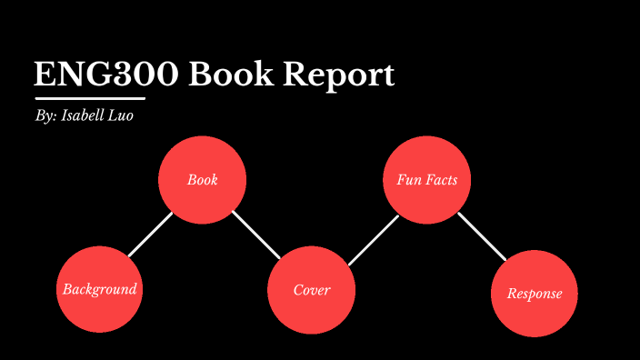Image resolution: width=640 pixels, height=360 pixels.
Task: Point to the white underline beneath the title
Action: tap(89, 97)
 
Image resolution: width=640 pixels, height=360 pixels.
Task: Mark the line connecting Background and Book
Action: tap(150, 235)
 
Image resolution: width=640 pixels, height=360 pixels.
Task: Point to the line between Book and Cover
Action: tap(255, 235)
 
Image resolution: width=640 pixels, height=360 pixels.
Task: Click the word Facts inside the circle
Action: tap(440, 180)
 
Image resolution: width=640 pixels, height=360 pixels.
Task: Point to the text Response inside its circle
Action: tap(535, 294)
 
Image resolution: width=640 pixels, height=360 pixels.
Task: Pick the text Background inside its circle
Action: tap(100, 289)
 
